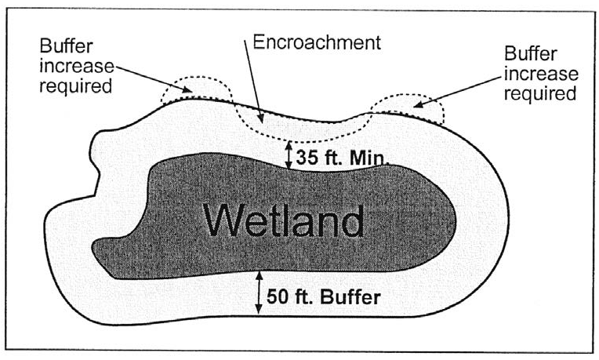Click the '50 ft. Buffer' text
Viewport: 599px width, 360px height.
coord(323,297)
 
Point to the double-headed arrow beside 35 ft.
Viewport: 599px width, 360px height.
coord(289,154)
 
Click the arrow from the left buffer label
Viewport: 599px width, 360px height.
coord(150,78)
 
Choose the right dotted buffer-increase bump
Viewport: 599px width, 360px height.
coord(408,110)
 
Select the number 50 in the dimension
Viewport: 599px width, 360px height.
coord(278,297)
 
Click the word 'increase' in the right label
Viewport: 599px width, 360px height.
coord(541,75)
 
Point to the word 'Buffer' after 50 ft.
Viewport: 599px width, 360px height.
coord(350,297)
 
